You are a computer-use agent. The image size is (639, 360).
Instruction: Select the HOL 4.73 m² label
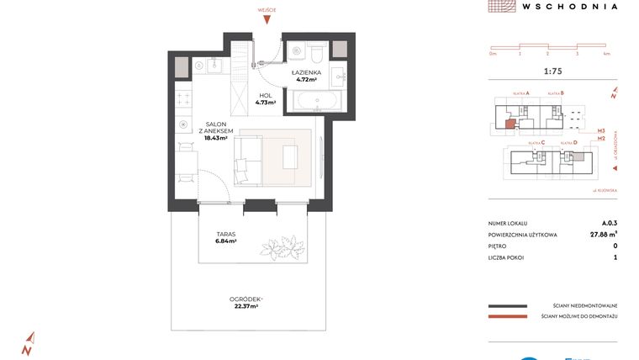[265, 98]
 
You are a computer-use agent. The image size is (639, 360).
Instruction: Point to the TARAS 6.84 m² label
[224, 237]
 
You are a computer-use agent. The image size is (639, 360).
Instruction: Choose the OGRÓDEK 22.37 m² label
[246, 303]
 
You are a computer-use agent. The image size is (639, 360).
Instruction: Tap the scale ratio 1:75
[552, 71]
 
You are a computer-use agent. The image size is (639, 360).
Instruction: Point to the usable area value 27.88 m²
[601, 235]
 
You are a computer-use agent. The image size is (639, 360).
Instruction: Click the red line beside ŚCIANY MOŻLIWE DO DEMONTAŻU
[506, 316]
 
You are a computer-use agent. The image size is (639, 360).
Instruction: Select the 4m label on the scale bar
[605, 53]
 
